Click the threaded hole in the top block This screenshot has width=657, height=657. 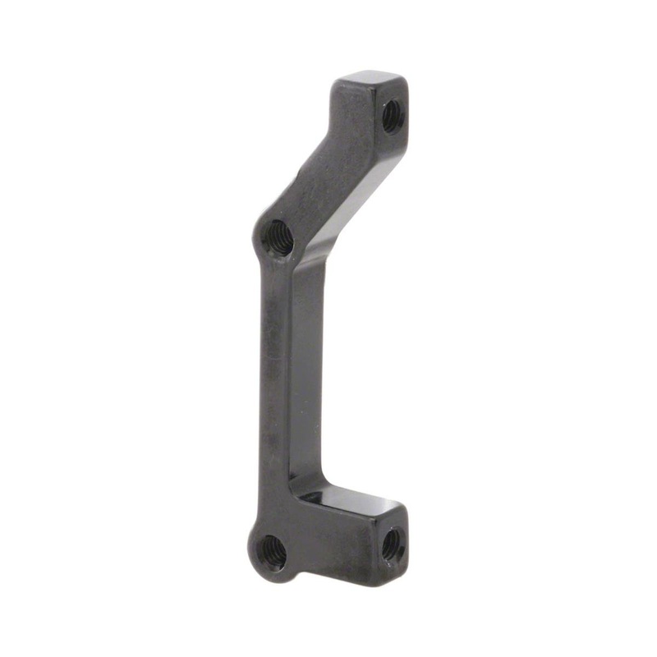coord(391,115)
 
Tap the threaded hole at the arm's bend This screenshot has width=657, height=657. coord(278,238)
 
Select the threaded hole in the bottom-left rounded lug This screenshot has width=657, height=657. coord(272,554)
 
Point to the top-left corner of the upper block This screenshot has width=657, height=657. coord(337,82)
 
